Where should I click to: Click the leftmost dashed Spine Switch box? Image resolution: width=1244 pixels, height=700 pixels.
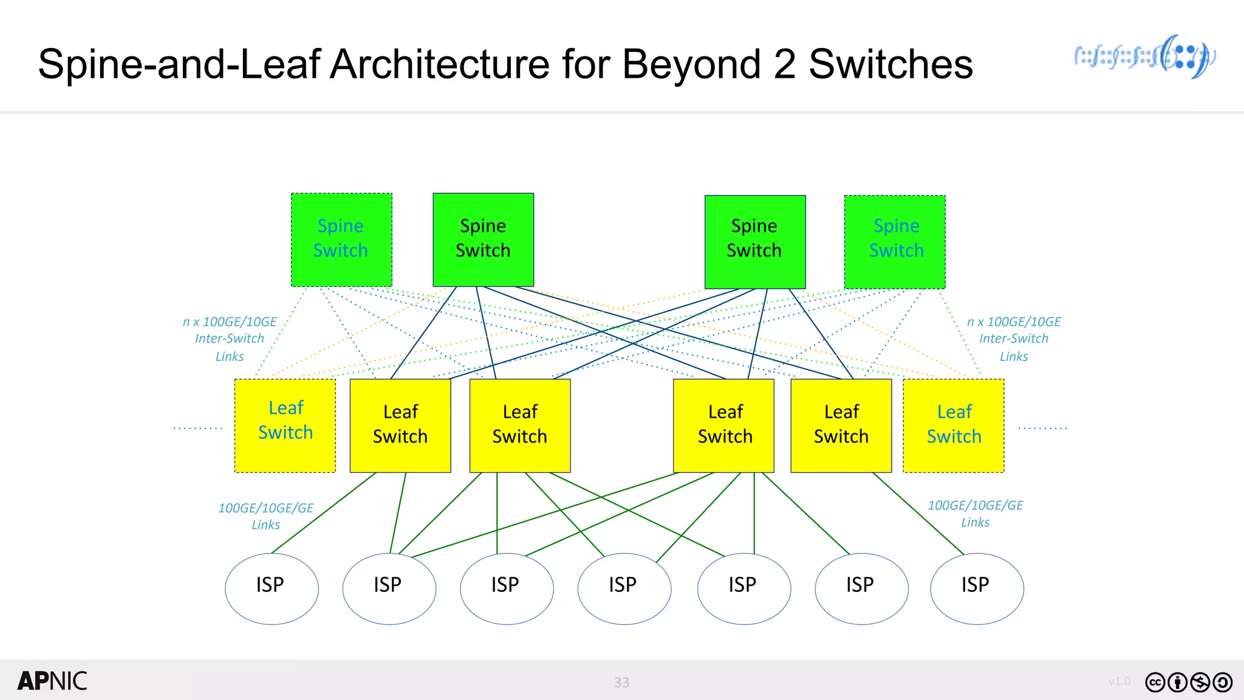(341, 240)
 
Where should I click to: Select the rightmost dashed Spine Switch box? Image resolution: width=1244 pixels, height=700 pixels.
(895, 242)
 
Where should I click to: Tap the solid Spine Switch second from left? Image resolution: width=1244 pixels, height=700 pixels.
(483, 239)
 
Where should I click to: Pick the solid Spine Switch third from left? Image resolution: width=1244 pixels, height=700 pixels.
(754, 241)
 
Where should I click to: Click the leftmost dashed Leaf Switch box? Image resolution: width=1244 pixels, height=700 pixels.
(285, 425)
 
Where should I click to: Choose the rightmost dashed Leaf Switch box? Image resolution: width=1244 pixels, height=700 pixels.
(954, 425)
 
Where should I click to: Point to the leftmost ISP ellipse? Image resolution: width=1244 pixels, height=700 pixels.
(272, 588)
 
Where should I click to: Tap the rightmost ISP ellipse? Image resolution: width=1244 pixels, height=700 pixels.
(977, 588)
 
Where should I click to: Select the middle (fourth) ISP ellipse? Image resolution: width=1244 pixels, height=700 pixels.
(624, 588)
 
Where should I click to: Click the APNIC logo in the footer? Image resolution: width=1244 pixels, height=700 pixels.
(52, 681)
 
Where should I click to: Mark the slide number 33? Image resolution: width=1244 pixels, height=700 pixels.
(621, 682)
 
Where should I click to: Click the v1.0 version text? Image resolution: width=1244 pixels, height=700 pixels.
(1119, 682)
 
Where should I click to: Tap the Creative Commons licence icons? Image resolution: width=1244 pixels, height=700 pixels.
(1188, 682)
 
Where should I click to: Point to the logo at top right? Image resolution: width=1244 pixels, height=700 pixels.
(1145, 57)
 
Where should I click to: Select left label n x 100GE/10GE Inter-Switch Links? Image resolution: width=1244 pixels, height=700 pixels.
(230, 338)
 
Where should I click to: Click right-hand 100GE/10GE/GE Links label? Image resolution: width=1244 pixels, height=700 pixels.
(975, 513)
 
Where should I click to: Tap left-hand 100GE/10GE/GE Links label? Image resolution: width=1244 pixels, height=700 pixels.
(265, 516)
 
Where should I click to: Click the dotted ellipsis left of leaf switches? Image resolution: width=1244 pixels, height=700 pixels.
(198, 428)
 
